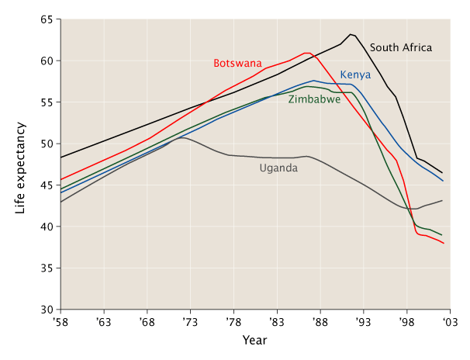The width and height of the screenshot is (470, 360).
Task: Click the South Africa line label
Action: point(401,48)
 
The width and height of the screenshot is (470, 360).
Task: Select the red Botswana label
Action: point(237,63)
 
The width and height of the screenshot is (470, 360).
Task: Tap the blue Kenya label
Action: point(355,75)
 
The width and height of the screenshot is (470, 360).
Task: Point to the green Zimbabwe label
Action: point(314,99)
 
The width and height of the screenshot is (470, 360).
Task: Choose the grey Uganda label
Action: point(278,168)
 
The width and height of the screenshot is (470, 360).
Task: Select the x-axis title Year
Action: point(254,341)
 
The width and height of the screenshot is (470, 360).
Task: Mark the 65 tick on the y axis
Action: point(47,19)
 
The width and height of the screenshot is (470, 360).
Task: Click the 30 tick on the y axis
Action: point(47,310)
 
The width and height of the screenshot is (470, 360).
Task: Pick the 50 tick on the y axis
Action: point(47,144)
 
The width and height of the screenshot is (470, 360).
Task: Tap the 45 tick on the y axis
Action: point(47,185)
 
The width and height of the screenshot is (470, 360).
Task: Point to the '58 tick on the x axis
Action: point(60,320)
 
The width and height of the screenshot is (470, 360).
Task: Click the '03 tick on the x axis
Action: point(448,320)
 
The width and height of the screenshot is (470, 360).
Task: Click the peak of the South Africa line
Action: point(351,34)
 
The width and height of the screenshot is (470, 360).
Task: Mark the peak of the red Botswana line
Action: point(307,53)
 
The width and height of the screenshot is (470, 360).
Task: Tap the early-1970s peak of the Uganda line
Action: point(180,138)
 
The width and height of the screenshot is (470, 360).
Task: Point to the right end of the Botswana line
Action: point(443,243)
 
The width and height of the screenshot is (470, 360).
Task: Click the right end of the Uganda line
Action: point(443,201)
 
